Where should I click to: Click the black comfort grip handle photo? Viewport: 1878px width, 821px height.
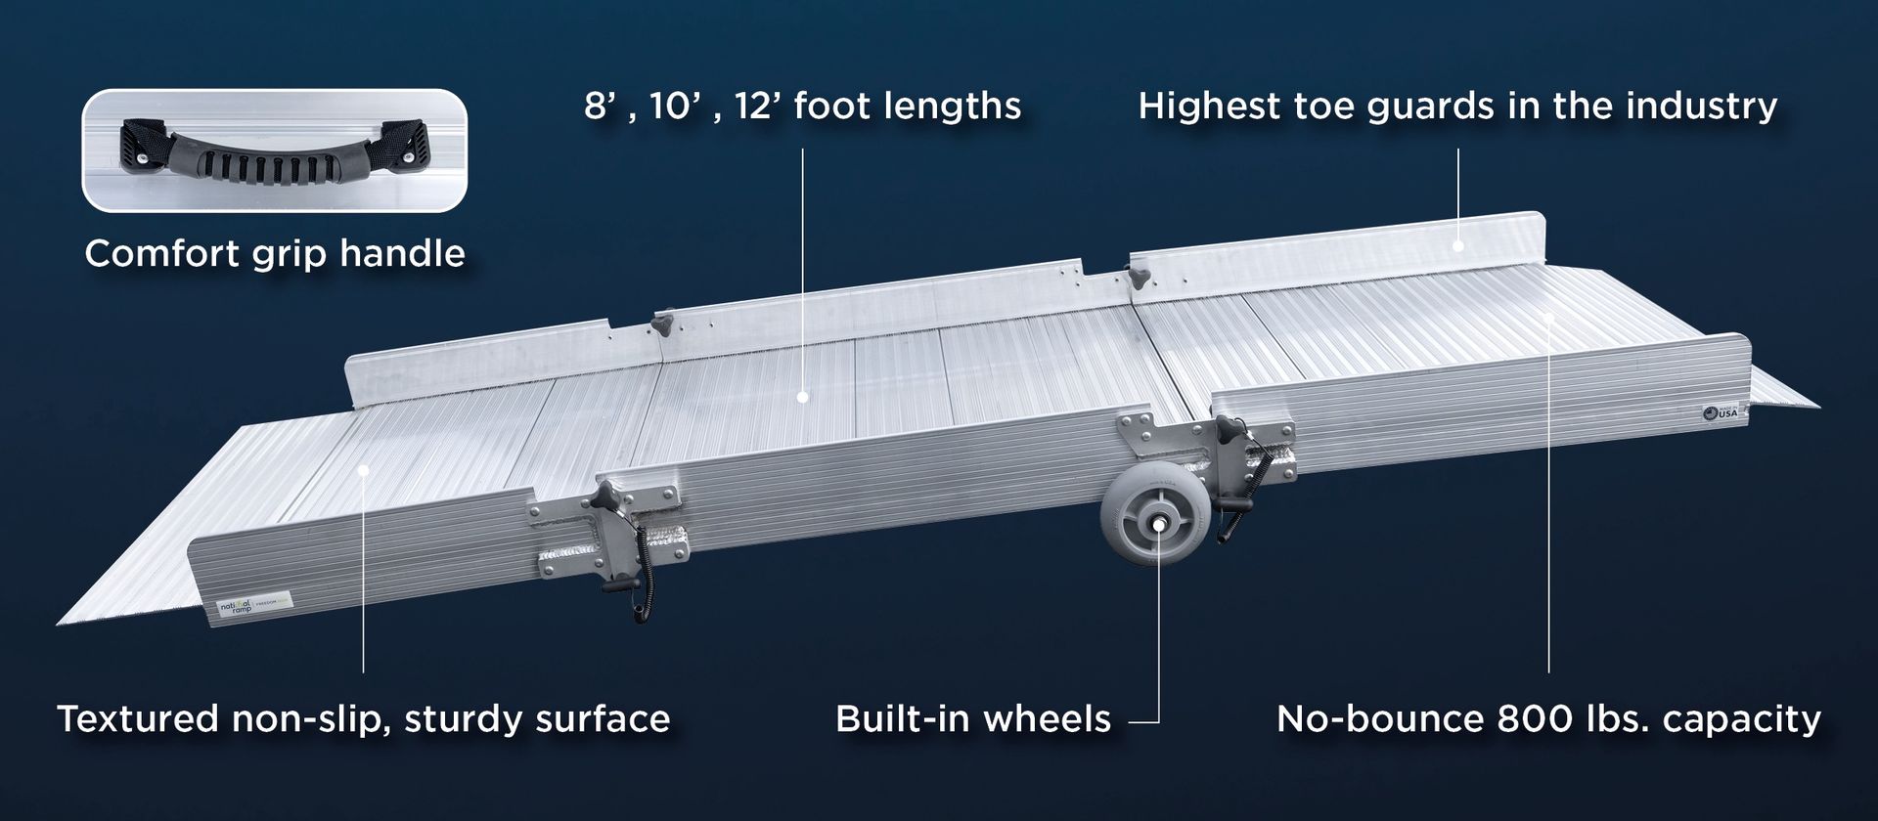coord(274,151)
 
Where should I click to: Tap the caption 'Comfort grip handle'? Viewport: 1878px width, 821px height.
coord(275,254)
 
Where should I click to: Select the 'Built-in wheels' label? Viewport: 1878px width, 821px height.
coord(973,719)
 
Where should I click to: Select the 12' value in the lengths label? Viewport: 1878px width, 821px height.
coord(755,106)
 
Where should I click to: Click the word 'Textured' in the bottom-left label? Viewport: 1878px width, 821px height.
coord(137,719)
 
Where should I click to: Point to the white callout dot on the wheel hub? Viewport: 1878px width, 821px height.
coord(1158,525)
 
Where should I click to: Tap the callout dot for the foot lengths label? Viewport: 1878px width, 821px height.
coord(803,397)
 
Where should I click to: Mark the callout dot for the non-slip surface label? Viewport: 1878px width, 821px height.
coord(363,469)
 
